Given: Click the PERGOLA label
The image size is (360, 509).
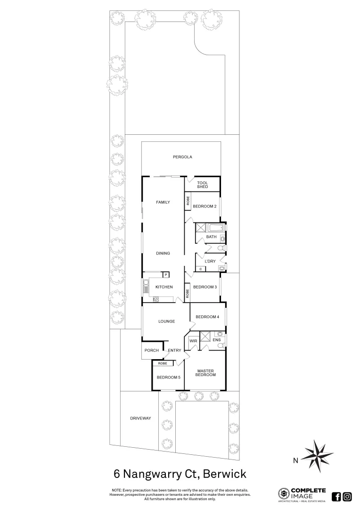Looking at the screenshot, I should click(x=182, y=157).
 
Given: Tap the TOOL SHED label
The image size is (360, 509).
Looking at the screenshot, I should click(x=203, y=184).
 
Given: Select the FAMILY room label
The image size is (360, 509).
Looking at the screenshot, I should click(x=163, y=202).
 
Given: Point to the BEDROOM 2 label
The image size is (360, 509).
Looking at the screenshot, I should click(x=205, y=206).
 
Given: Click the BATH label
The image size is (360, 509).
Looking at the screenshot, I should click(x=211, y=237).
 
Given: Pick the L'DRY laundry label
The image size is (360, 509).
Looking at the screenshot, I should click(x=210, y=261).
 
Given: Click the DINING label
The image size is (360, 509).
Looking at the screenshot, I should click(x=163, y=254).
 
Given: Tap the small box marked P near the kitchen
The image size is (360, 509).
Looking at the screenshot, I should click(x=165, y=275).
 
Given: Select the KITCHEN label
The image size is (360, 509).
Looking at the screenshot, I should click(x=164, y=287).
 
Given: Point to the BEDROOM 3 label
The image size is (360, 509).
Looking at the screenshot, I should click(x=205, y=287).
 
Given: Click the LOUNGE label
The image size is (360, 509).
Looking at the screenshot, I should click(x=167, y=321).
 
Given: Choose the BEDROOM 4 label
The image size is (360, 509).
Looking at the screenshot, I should click(x=207, y=317).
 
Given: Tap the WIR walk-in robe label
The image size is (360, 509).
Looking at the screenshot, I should click(x=193, y=340).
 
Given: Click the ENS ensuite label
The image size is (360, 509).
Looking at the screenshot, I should click(x=216, y=340).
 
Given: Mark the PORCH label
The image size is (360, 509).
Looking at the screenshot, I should click(x=152, y=350).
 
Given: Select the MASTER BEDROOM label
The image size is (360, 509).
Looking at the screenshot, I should click(x=206, y=373).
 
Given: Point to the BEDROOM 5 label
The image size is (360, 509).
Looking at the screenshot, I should click(x=169, y=377).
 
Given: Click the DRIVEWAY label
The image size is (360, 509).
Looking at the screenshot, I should click(x=140, y=418).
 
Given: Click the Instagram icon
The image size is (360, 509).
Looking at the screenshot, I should click(x=347, y=496).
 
